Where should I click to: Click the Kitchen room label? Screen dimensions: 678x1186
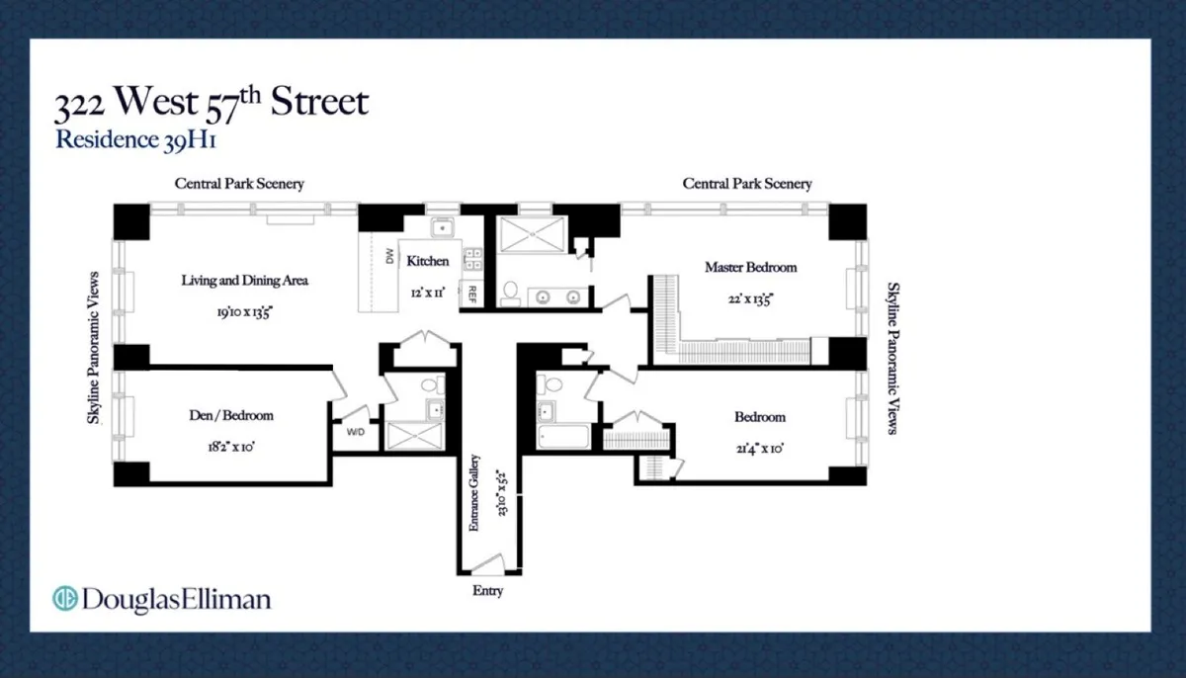point(428,262)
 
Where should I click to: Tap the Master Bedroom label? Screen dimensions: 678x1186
point(750,267)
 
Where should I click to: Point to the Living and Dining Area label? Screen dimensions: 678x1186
point(244,281)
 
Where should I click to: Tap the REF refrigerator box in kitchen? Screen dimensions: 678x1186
point(472,293)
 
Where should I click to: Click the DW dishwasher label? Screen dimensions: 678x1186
point(387,258)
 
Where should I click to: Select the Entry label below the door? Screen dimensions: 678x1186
point(487,591)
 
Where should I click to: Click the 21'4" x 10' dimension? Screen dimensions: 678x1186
point(760,447)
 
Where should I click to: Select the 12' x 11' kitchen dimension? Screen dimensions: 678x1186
point(427,292)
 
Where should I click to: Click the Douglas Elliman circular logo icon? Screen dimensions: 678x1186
point(65,599)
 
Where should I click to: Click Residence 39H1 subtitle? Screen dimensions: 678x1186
point(135,139)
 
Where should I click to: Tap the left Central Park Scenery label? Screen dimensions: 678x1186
point(239,184)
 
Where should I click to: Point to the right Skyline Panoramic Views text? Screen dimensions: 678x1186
point(891,357)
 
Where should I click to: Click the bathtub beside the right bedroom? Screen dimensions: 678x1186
point(563,436)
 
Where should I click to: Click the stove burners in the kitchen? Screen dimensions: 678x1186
point(472,258)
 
